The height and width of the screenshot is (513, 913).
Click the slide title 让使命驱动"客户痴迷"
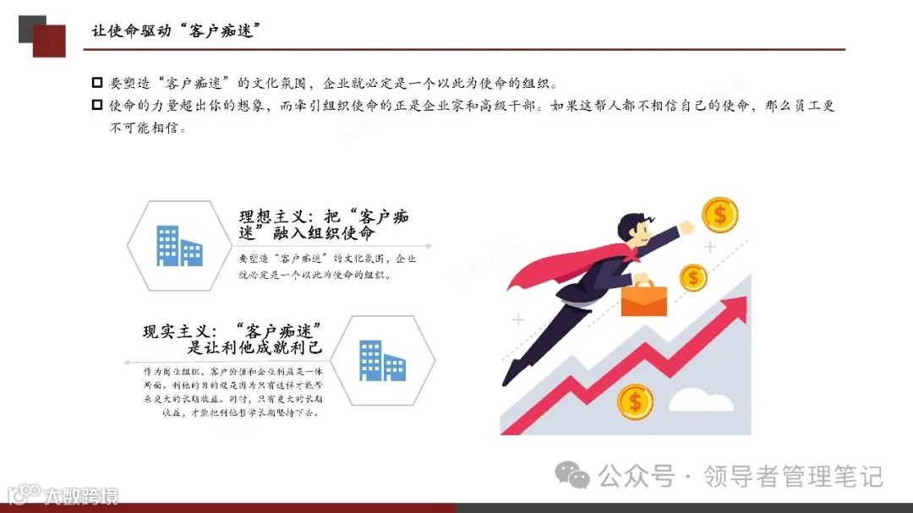[x=176, y=31]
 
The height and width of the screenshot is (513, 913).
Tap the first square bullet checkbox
[x=96, y=83]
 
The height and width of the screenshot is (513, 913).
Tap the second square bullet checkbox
[x=96, y=106]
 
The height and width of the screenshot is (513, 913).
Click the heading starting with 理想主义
[x=324, y=224]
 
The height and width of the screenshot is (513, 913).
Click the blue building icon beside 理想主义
[x=179, y=246]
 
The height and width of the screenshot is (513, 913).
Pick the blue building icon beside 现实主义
[x=382, y=360]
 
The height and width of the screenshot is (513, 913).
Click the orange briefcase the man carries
[x=643, y=299]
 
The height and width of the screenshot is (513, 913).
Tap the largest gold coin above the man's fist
[x=719, y=214]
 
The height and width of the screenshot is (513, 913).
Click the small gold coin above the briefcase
[x=693, y=276]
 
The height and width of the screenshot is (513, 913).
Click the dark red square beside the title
[x=49, y=41]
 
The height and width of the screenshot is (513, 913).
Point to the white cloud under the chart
[x=706, y=399]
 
